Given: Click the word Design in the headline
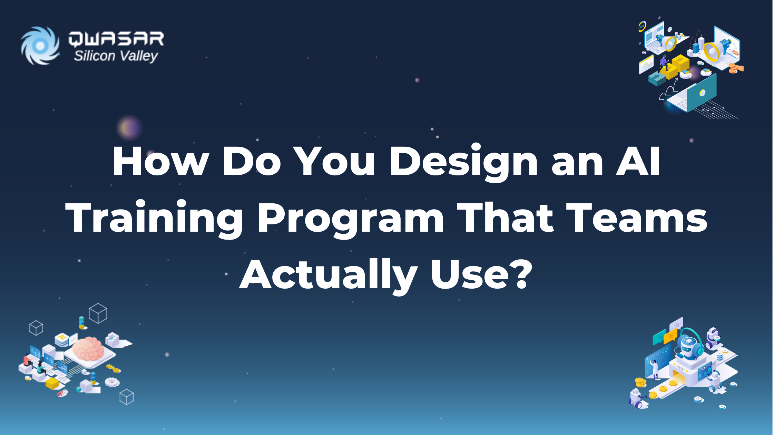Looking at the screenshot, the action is (463, 162).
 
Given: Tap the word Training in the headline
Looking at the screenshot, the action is (154, 219).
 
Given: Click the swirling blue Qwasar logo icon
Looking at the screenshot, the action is (40, 46).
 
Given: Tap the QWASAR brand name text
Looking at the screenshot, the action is (116, 39).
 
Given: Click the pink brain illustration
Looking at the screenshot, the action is (88, 348).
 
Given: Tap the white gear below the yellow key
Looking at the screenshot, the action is (112, 382).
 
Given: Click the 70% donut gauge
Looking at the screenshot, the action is (642, 26).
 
